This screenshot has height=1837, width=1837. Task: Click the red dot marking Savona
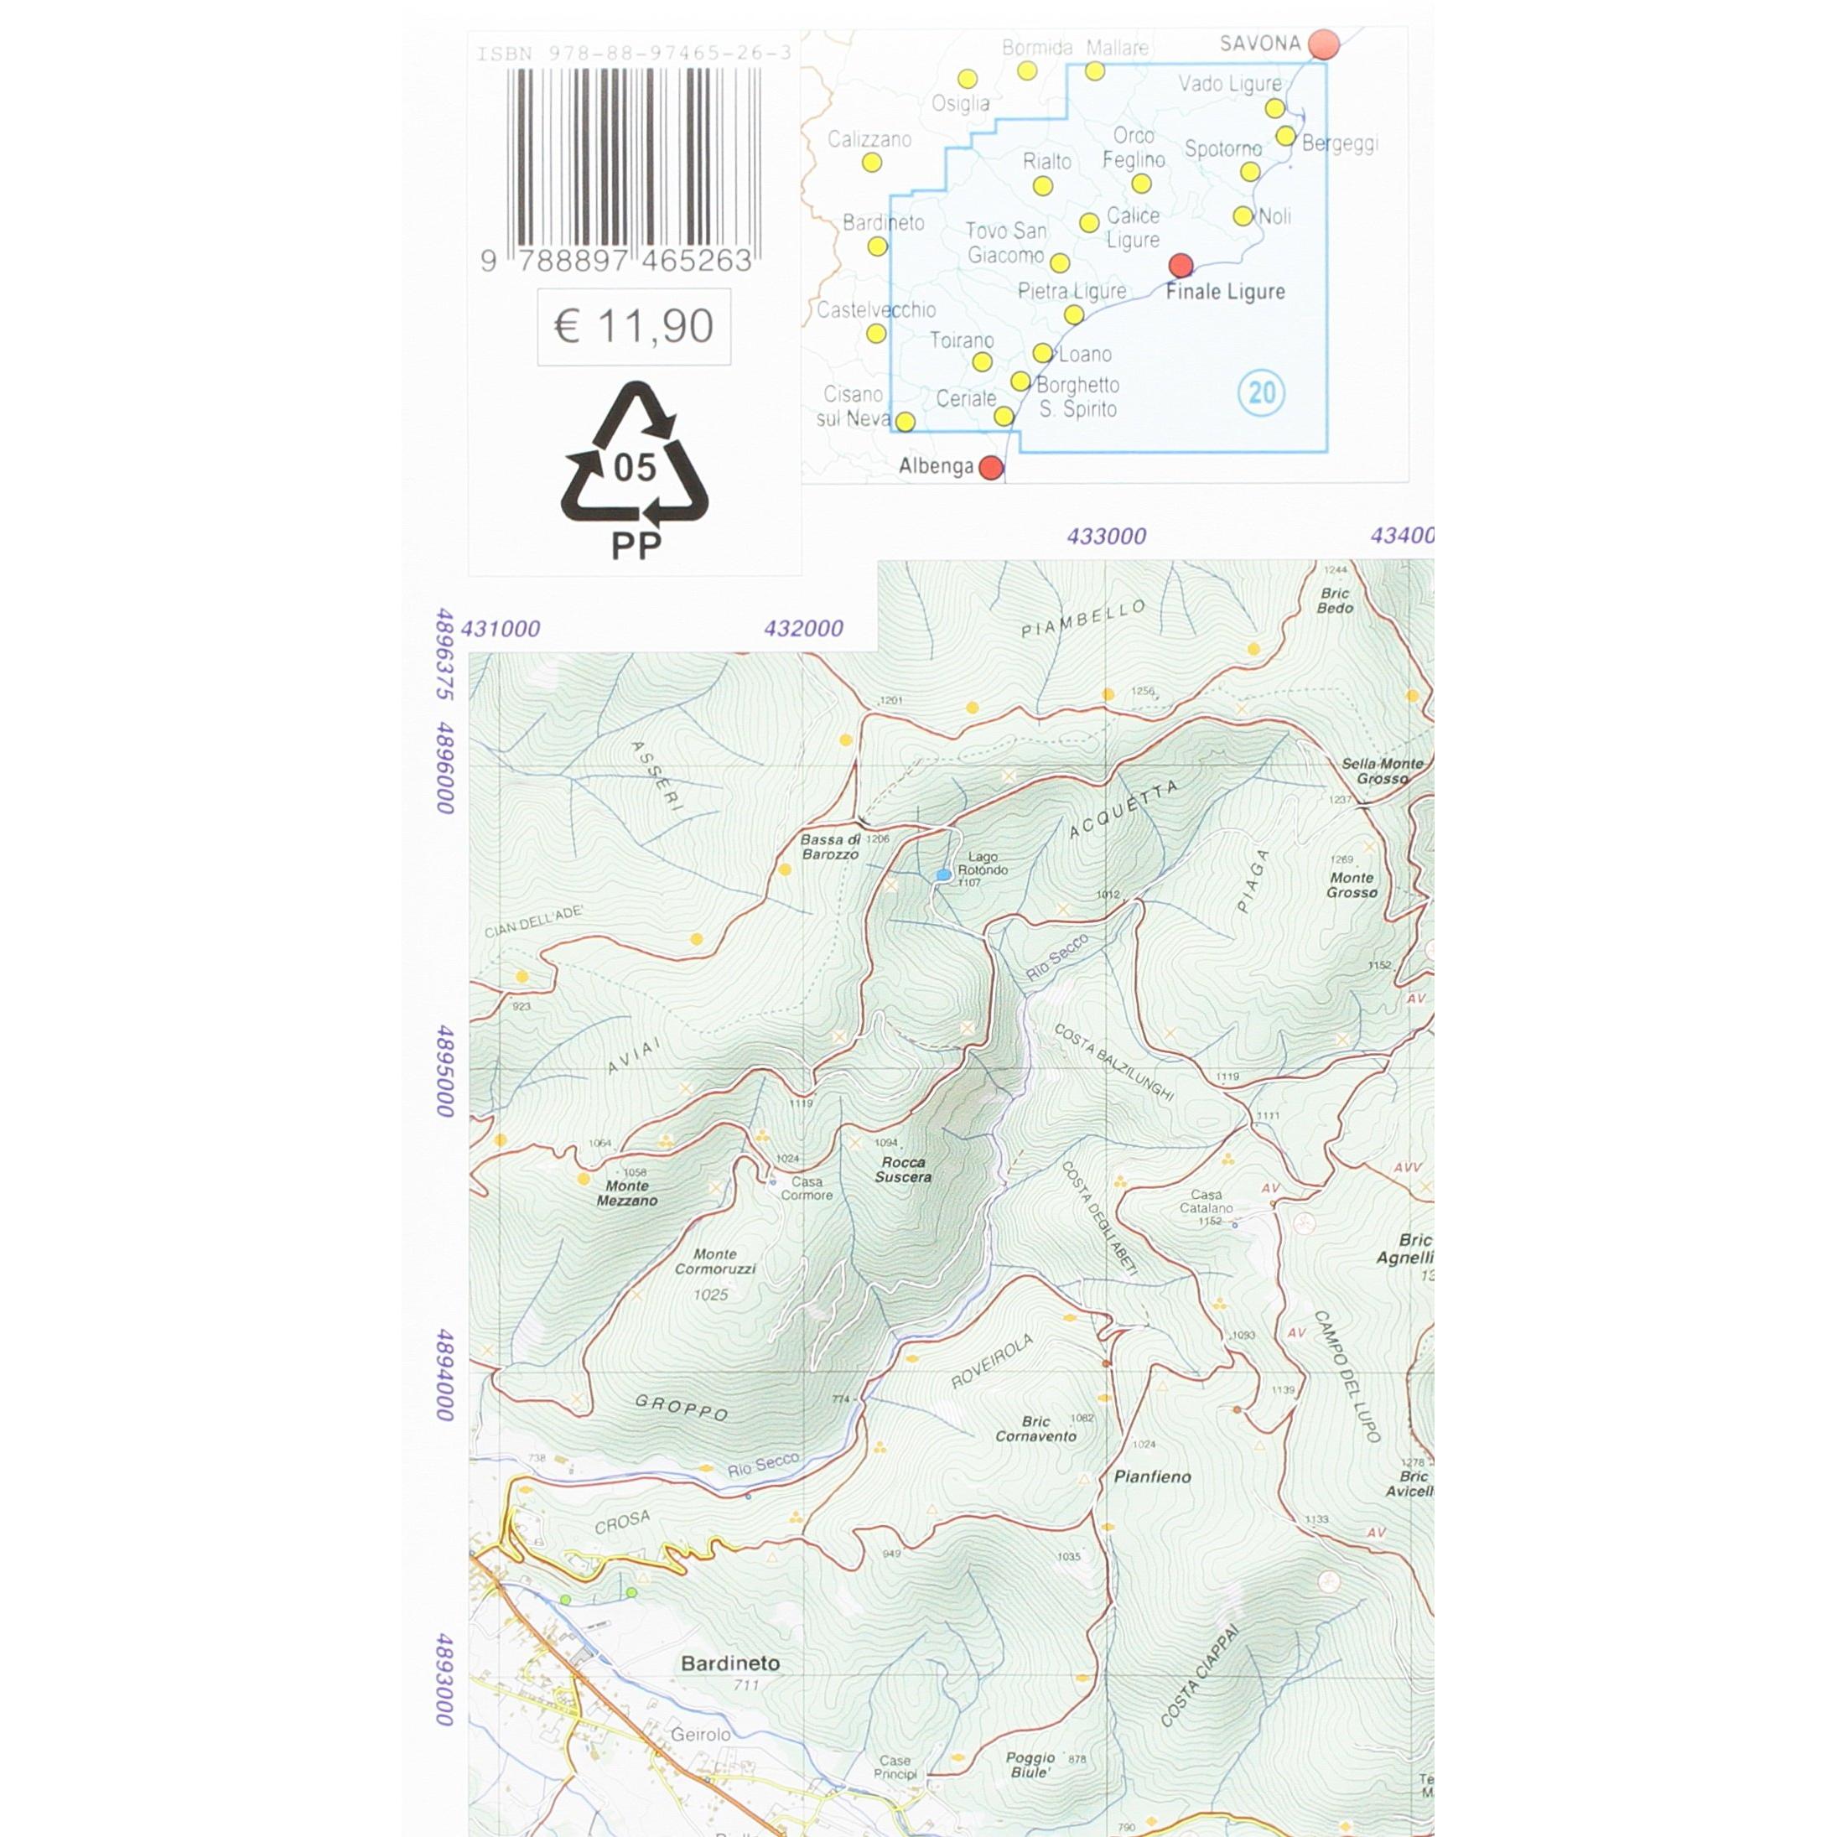(x=1324, y=44)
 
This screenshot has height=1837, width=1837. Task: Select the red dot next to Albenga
(x=991, y=467)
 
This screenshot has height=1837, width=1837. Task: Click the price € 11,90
(x=633, y=326)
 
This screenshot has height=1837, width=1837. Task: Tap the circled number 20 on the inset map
(x=1262, y=392)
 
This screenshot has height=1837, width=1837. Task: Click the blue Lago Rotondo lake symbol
(x=943, y=874)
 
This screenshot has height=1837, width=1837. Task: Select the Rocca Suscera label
(x=902, y=1170)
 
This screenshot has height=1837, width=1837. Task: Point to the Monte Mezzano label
(x=626, y=1193)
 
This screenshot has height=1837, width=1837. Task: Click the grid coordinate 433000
(x=1106, y=537)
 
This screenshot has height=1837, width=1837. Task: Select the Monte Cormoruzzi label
(x=715, y=1262)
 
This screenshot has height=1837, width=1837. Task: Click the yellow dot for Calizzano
(x=871, y=163)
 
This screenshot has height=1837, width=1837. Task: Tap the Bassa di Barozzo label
(x=830, y=847)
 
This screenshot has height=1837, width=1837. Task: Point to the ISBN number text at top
(x=633, y=54)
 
